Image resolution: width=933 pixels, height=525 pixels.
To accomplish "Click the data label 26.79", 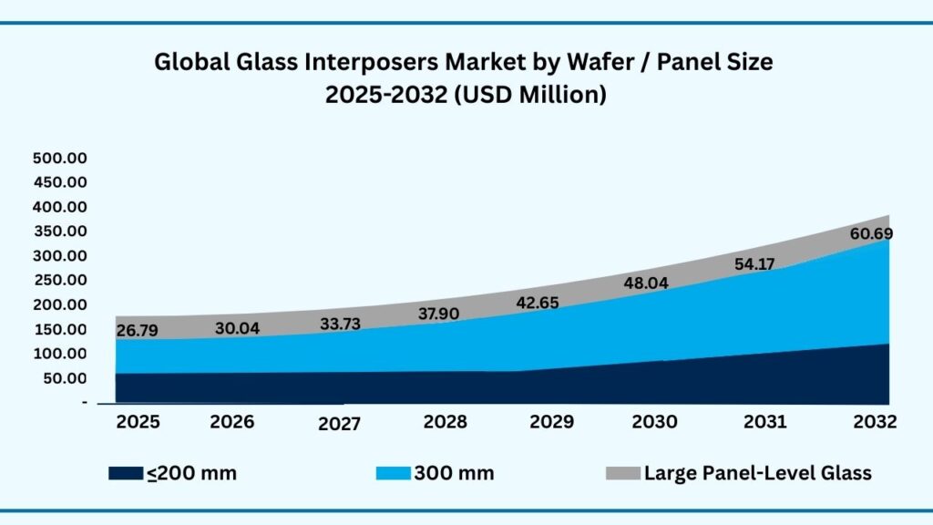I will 138,330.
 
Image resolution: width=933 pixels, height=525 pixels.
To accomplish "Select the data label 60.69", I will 871,234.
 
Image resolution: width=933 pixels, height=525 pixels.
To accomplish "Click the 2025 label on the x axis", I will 138,422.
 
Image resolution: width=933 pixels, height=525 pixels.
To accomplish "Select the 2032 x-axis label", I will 875,422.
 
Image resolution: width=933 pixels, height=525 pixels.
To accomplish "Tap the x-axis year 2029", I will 551,422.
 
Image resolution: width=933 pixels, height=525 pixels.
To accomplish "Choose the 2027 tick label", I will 341,424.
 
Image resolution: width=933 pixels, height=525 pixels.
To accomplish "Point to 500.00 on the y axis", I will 59,158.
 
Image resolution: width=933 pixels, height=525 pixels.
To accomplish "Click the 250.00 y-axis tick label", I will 59,280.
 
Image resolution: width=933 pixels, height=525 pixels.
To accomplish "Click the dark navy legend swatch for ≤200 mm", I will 125,473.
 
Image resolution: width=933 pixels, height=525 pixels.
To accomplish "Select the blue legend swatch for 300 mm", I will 393,473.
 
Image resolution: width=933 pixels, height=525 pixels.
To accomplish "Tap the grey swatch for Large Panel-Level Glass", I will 622,473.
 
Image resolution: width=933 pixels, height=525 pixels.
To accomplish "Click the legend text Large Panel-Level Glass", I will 757,473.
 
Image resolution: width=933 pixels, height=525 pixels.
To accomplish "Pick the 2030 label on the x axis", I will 655,422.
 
